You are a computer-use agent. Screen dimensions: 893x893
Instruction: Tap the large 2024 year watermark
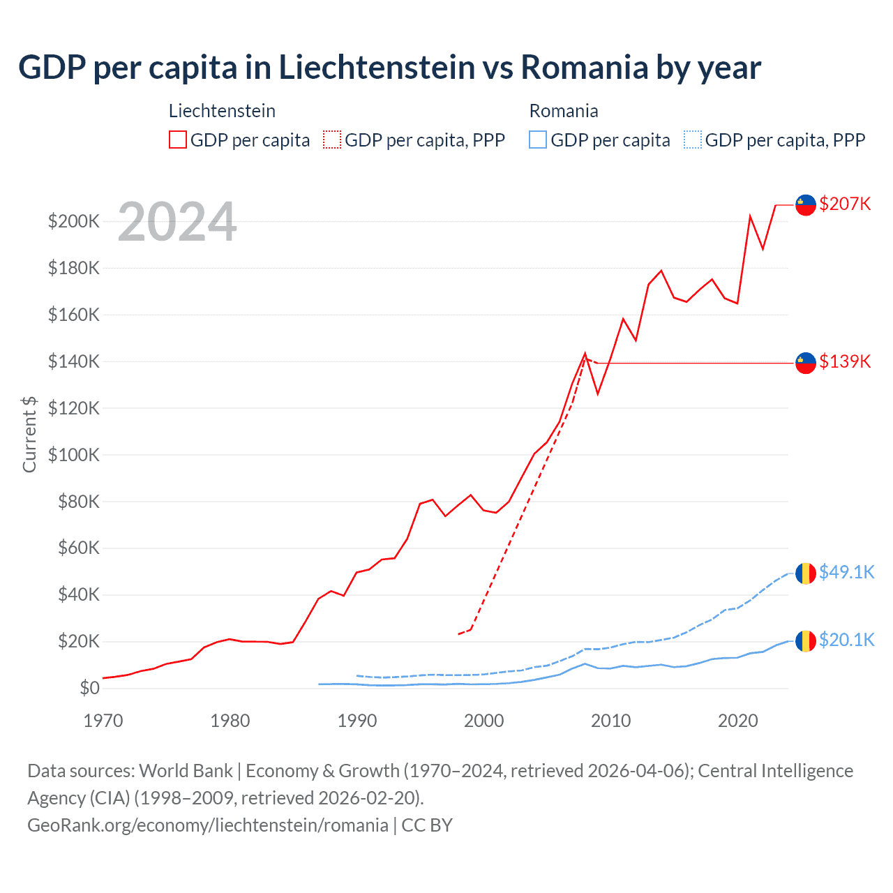click(x=177, y=223)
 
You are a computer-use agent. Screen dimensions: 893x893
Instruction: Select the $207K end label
click(x=845, y=204)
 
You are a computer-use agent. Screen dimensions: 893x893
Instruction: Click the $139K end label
click(x=845, y=361)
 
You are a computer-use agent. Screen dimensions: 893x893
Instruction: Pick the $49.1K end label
click(x=846, y=572)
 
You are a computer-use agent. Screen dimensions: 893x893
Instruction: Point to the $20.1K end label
click(x=846, y=640)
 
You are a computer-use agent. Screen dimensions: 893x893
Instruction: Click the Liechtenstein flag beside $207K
click(x=806, y=205)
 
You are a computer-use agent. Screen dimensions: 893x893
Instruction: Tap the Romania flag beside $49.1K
click(x=806, y=573)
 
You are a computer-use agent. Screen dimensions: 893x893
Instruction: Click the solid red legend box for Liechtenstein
click(x=178, y=140)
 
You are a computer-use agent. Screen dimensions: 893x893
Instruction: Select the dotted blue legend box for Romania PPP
click(x=693, y=140)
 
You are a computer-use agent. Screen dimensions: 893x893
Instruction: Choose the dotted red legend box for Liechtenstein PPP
click(x=332, y=140)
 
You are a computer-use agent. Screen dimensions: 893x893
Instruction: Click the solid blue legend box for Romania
click(x=538, y=140)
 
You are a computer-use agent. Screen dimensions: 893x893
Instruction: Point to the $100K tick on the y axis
click(x=74, y=455)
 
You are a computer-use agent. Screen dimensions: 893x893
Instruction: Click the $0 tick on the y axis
click(x=89, y=688)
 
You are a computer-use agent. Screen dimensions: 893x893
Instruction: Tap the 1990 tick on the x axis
click(x=357, y=721)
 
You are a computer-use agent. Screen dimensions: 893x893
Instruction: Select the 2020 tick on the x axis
click(x=738, y=721)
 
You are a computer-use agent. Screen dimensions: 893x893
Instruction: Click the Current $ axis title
click(x=29, y=434)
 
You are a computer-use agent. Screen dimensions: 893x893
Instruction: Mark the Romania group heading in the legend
click(x=564, y=111)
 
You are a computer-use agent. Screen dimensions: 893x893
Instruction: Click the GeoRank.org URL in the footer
click(x=208, y=825)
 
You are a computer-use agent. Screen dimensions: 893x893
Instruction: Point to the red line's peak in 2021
click(x=750, y=216)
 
